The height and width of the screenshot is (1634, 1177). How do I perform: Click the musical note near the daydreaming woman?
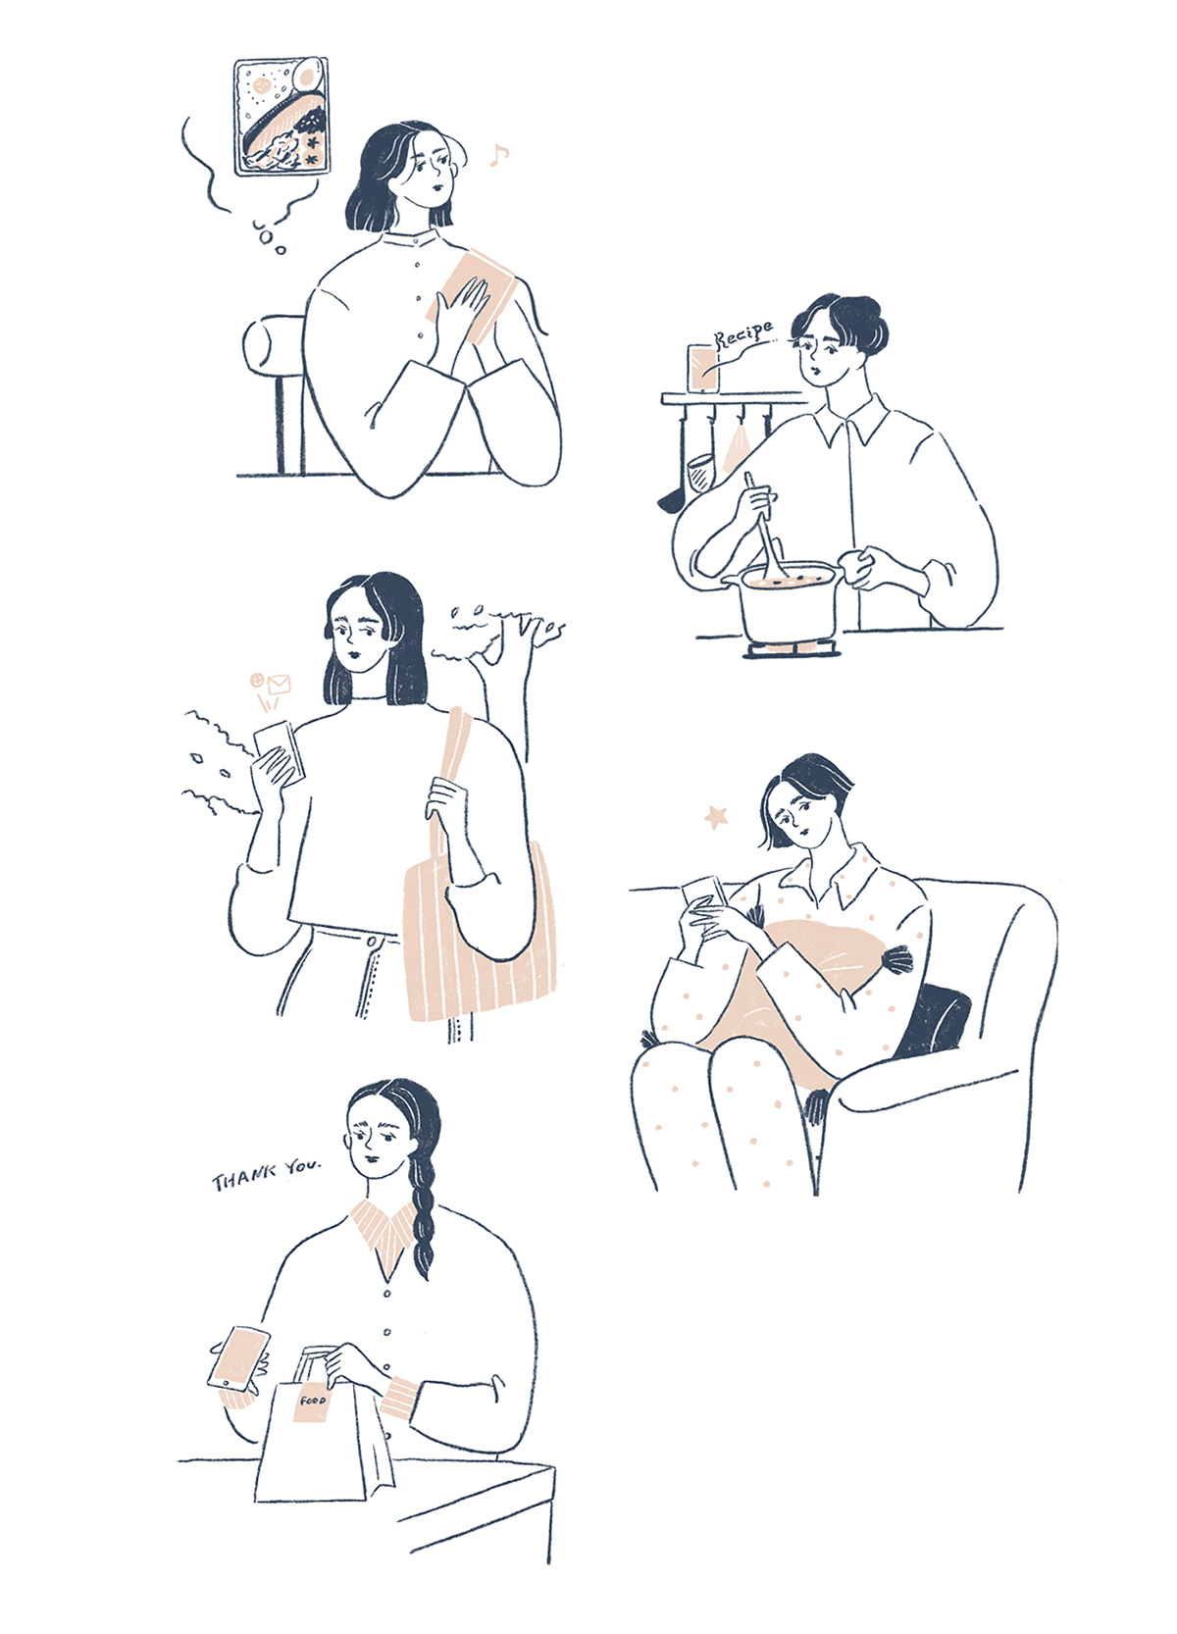499,155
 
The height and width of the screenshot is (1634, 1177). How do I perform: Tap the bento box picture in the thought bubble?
281,117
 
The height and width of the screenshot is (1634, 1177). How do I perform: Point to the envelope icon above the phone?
279,685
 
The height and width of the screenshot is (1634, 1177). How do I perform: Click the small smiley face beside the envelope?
256,680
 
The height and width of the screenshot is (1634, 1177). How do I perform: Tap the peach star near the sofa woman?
716,817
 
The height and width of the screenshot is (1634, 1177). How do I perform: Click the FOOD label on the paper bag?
313,1402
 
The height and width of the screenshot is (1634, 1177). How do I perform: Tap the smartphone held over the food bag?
238,1359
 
